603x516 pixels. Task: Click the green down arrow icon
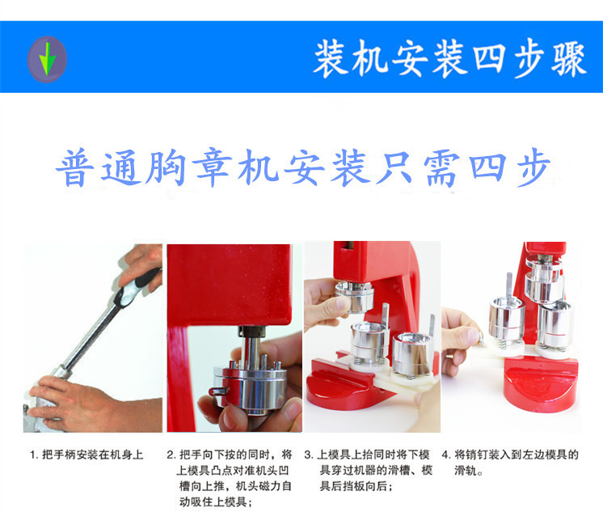pos(47,59)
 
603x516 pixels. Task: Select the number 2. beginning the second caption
pos(171,455)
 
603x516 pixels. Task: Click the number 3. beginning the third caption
pos(309,455)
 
